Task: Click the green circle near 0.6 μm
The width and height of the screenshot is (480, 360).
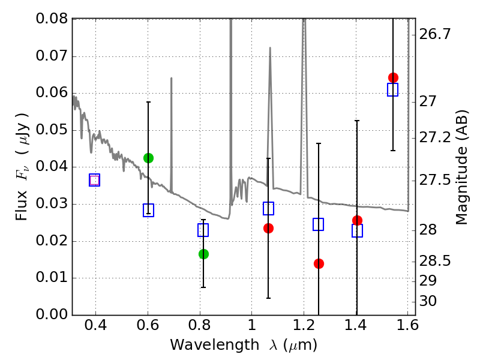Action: click(x=148, y=158)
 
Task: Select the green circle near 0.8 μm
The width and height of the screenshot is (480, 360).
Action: click(x=203, y=254)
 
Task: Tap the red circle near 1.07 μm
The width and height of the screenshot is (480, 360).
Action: click(x=268, y=228)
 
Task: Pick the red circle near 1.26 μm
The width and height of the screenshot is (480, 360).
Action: click(x=319, y=263)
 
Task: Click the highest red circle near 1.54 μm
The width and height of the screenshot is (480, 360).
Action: click(x=393, y=77)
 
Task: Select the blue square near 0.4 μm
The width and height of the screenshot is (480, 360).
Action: click(x=94, y=180)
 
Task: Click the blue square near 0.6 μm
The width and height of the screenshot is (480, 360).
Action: click(x=148, y=210)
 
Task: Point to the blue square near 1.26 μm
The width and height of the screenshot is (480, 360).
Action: click(x=319, y=224)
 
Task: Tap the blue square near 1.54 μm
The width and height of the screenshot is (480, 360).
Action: click(x=393, y=90)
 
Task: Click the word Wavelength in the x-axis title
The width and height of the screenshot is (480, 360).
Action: click(x=205, y=346)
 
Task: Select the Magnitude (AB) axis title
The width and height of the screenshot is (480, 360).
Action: click(x=462, y=167)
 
